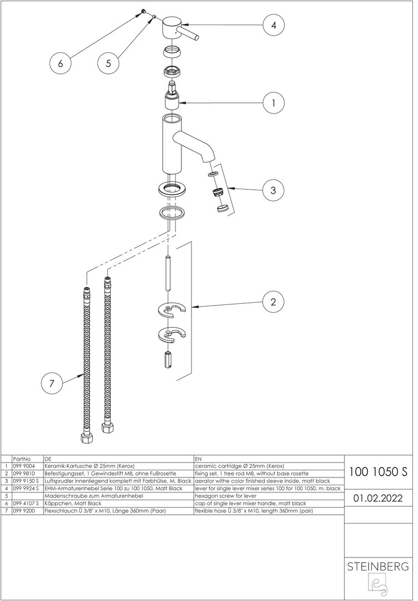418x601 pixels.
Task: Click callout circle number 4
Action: [273, 25]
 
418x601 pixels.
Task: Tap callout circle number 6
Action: [60, 63]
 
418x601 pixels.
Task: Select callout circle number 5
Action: [108, 63]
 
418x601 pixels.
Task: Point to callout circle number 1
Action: [273, 103]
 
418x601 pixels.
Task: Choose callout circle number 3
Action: [273, 190]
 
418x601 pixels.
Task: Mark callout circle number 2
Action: [273, 302]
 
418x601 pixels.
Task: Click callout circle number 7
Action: [52, 383]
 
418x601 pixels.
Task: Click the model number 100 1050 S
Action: [378, 472]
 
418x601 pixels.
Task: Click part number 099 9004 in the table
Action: [24, 466]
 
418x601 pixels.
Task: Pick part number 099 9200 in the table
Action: [24, 510]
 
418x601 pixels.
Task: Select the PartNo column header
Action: [21, 459]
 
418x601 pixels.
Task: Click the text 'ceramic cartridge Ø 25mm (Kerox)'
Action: [240, 466]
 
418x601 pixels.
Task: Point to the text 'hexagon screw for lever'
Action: [225, 495]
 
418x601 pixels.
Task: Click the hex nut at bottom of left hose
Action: [86, 437]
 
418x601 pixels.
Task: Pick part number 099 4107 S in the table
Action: [26, 503]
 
